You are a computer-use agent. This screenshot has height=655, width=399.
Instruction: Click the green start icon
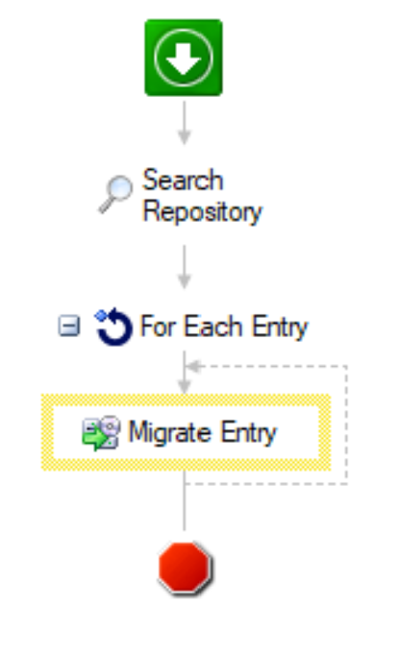184,58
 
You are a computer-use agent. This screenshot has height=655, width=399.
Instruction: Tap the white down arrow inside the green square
184,59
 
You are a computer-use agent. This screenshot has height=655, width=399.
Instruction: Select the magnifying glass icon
115,194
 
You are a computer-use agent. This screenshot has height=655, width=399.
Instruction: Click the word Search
183,180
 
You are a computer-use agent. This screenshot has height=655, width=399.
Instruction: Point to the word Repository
203,212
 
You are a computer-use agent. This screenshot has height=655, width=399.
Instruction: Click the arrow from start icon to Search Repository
185,122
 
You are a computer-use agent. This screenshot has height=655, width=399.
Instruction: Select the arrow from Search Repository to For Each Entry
185,266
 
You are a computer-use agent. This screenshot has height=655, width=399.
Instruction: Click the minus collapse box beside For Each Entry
69,326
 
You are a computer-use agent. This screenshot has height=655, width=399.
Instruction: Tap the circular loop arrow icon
112,327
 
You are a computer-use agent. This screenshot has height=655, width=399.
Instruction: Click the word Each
212,327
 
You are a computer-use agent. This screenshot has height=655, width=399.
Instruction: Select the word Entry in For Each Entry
280,327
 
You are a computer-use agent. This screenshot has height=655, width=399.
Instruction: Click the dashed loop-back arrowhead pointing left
193,366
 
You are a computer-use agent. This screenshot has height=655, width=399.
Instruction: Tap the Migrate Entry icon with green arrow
101,433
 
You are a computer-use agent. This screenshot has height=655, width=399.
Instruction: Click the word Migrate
170,433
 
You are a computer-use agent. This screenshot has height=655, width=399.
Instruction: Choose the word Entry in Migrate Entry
248,433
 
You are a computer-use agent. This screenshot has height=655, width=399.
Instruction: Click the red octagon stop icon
186,568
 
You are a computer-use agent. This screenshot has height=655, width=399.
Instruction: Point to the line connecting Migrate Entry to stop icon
185,500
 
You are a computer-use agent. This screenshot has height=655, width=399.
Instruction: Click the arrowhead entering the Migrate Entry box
185,386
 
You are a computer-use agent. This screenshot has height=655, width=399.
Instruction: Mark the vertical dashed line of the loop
346,425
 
